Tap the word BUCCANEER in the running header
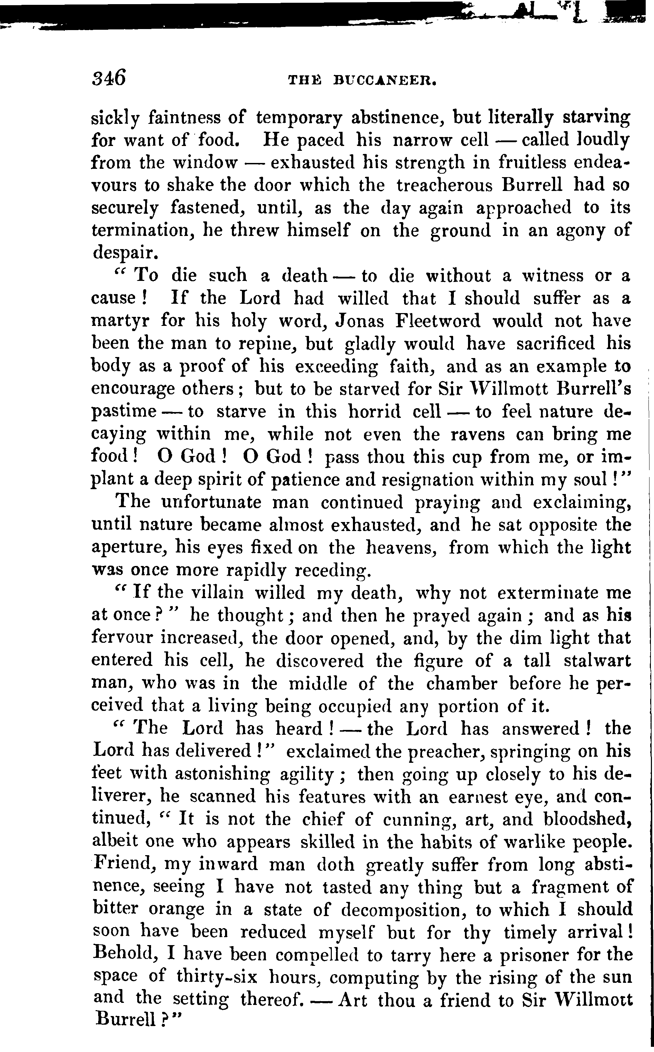click(384, 81)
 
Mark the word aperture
click(127, 548)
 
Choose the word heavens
click(401, 548)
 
